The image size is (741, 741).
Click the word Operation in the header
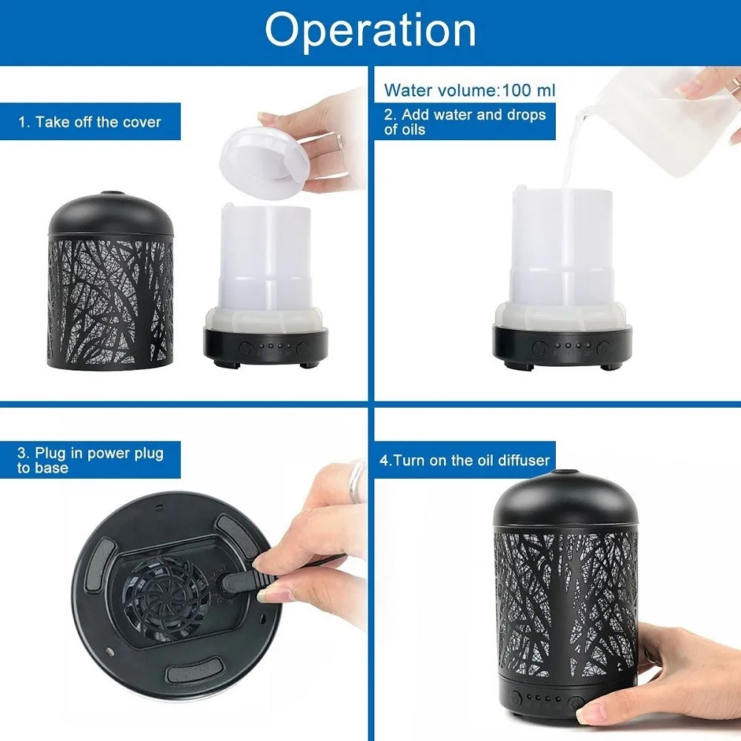point(370,31)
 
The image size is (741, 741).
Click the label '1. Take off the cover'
point(90,122)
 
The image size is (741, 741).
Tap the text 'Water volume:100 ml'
point(469,91)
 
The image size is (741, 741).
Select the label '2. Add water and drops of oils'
point(465,122)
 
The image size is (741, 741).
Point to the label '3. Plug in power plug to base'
point(90,460)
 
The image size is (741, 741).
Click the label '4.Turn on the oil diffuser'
point(465,460)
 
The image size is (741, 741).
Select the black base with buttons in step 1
point(265,347)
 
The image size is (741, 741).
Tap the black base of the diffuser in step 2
point(563,345)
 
